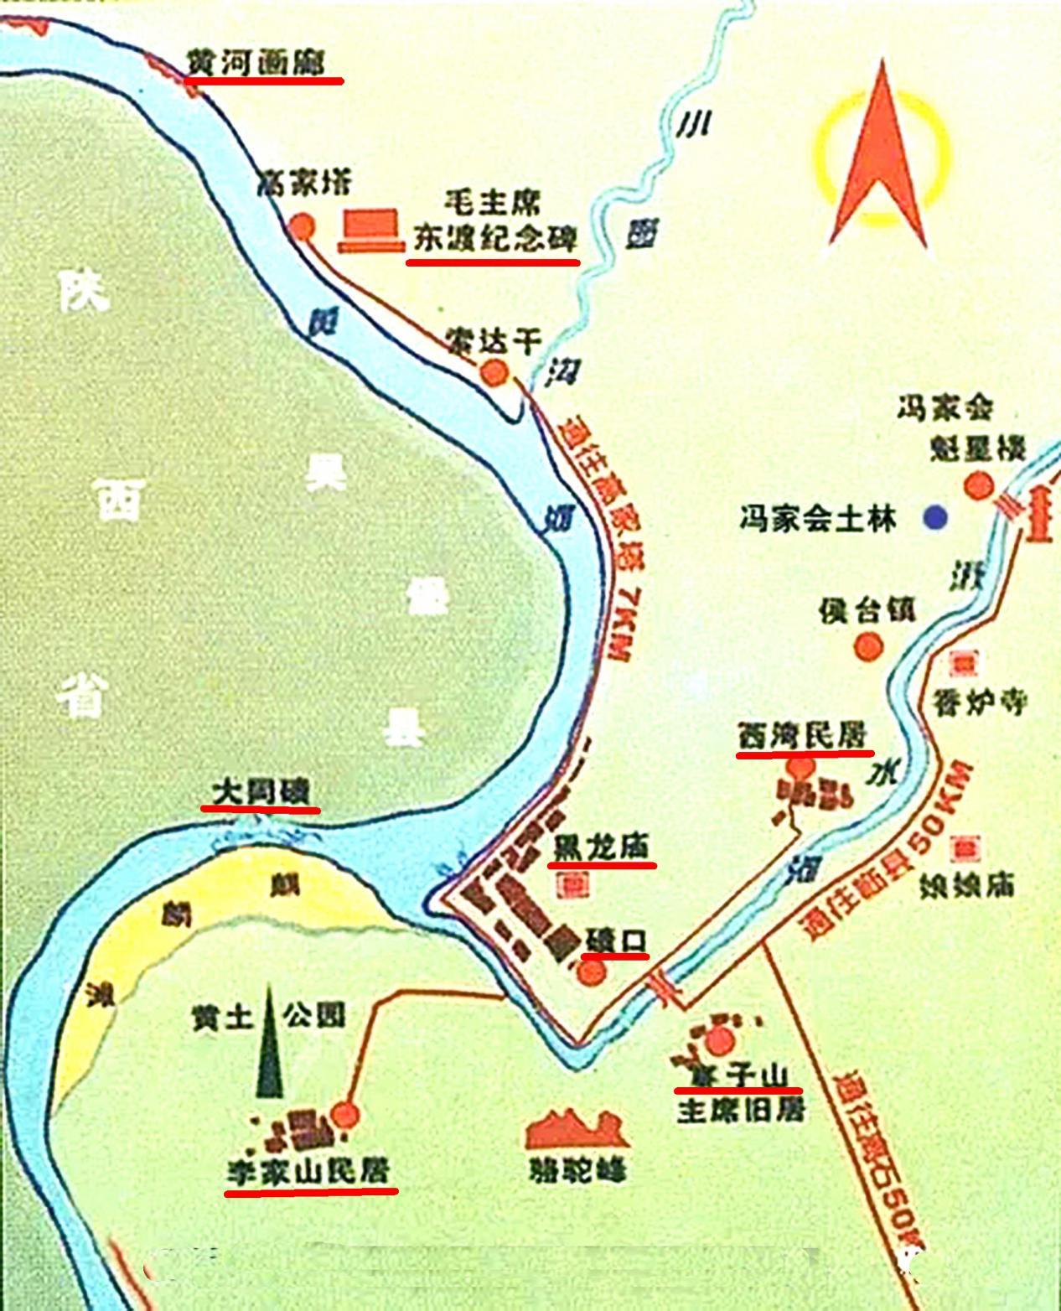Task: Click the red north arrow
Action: [x=880, y=159]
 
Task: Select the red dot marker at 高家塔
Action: [x=302, y=227]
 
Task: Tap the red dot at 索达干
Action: [x=494, y=372]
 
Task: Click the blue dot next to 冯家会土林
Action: [x=935, y=518]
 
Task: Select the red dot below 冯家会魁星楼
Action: [x=978, y=486]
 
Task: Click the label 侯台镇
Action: [x=867, y=610]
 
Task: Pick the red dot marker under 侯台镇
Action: [x=869, y=646]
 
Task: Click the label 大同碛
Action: [x=261, y=791]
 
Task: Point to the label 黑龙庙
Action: [x=601, y=847]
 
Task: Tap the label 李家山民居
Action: [x=309, y=1171]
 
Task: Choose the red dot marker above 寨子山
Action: [x=719, y=1040]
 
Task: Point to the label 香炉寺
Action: [x=980, y=702]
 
